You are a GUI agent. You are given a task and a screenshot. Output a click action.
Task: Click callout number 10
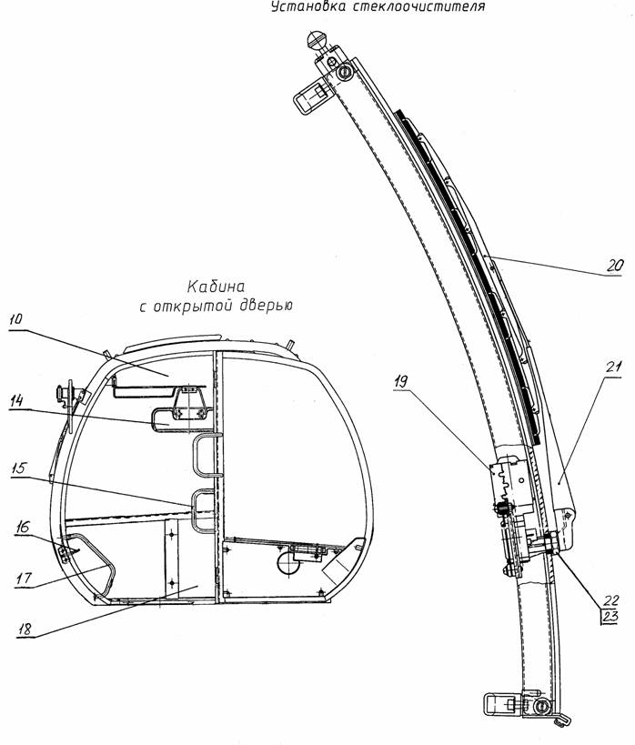click(x=16, y=318)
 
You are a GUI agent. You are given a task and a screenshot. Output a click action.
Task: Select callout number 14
click(x=16, y=400)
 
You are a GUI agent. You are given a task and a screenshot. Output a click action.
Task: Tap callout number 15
click(x=19, y=468)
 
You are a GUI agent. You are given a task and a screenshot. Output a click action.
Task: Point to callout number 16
click(x=22, y=527)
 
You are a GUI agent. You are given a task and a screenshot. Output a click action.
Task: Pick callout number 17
click(x=24, y=579)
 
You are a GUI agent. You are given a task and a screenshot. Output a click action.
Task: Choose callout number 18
click(x=25, y=629)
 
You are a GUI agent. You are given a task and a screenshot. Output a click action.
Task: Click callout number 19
click(x=401, y=381)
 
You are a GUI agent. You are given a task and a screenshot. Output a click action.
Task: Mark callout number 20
click(x=615, y=266)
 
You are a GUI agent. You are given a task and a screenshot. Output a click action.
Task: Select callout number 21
click(x=612, y=367)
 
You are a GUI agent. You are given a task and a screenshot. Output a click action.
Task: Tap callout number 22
click(x=611, y=600)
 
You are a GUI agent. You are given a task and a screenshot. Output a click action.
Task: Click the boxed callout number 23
click(x=610, y=617)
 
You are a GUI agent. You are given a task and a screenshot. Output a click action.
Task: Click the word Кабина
click(x=217, y=287)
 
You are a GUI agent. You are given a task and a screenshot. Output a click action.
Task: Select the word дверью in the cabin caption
click(x=264, y=307)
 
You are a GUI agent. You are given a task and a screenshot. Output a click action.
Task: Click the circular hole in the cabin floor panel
click(x=288, y=562)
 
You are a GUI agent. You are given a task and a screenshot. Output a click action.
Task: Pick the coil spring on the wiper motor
click(x=503, y=508)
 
